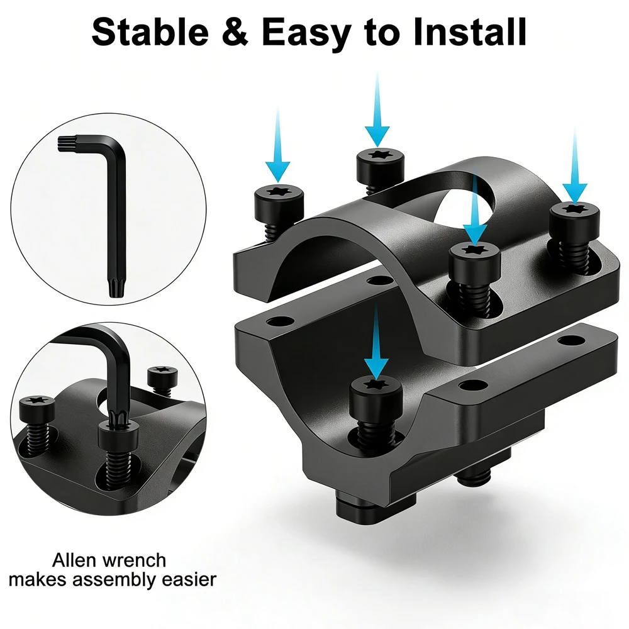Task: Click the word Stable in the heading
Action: (x=150, y=32)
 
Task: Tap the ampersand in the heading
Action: (x=235, y=32)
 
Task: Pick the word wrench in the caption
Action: (x=133, y=560)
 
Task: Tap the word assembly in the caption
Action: (x=121, y=581)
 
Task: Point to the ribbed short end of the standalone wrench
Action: (x=65, y=144)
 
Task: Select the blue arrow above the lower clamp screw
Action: (x=376, y=341)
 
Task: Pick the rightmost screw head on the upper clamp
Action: (x=574, y=220)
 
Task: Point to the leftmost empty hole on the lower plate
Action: (x=281, y=321)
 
